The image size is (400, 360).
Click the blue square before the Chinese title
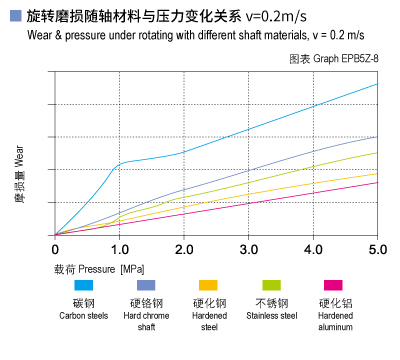[14, 17]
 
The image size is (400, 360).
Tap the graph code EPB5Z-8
[355, 60]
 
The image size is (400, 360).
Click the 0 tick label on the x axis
[56, 247]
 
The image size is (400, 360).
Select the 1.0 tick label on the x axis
[119, 247]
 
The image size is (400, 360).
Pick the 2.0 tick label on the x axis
[184, 247]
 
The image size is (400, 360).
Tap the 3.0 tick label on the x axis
[249, 247]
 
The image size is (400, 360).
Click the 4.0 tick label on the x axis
[313, 247]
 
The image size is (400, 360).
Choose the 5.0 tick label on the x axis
[378, 247]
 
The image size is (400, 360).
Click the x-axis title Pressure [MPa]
[101, 269]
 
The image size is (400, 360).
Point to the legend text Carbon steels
[84, 316]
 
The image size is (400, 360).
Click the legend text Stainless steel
[271, 316]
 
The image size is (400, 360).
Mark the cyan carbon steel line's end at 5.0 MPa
[378, 83]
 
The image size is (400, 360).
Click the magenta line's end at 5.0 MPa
[378, 181]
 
